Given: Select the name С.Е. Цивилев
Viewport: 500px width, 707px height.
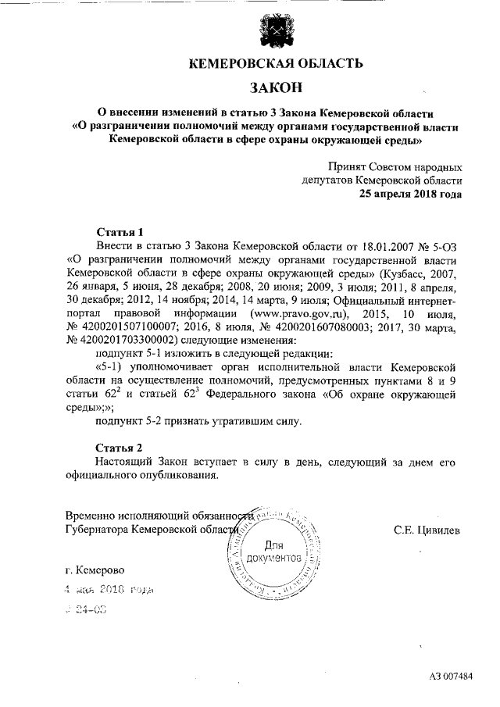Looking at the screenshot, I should [x=428, y=530].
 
